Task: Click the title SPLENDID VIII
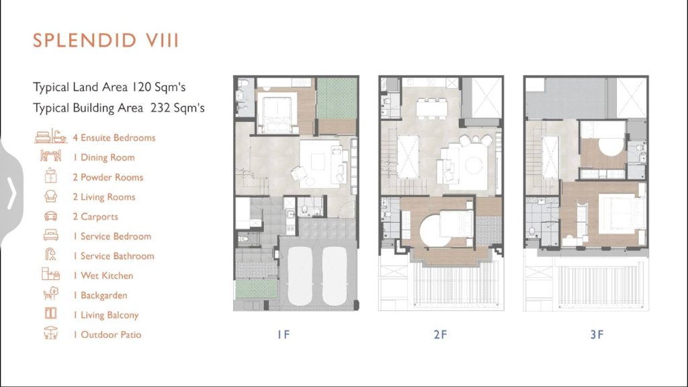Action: [x=105, y=41]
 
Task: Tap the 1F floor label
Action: [x=284, y=335]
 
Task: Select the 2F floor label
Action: [x=440, y=335]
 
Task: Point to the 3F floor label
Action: [x=597, y=335]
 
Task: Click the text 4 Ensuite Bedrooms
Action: [x=114, y=138]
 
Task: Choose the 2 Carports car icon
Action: [x=50, y=217]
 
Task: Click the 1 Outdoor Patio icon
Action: [x=50, y=335]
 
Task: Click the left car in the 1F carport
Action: [x=300, y=277]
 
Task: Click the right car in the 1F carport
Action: [x=335, y=277]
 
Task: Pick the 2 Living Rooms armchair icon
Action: [x=50, y=197]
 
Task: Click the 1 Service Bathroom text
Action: [x=114, y=256]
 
